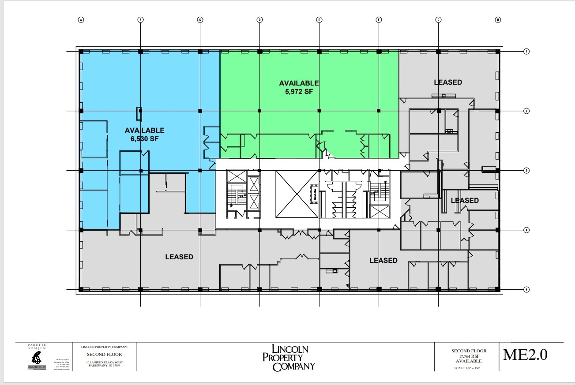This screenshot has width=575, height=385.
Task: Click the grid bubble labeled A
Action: [x=81, y=19]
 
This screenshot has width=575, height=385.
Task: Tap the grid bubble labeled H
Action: [x=498, y=19]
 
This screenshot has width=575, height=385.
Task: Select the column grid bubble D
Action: [x=259, y=19]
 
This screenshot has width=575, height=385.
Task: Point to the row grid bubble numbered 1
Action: [x=526, y=52]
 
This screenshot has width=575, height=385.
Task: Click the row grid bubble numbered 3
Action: [x=526, y=171]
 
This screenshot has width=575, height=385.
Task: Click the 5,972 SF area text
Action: [x=299, y=91]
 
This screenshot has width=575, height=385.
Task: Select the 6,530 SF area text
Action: [x=144, y=138]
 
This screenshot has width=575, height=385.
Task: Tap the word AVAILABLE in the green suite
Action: [x=299, y=83]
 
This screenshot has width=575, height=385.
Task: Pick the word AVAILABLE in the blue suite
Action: [x=144, y=130]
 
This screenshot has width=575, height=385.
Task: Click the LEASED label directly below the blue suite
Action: [x=179, y=257]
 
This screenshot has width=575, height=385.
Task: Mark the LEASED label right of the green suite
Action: [x=448, y=82]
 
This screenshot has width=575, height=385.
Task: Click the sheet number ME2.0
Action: [x=525, y=355]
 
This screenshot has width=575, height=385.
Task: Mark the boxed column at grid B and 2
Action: [x=139, y=113]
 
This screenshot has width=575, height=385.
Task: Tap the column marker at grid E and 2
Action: [x=319, y=111]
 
